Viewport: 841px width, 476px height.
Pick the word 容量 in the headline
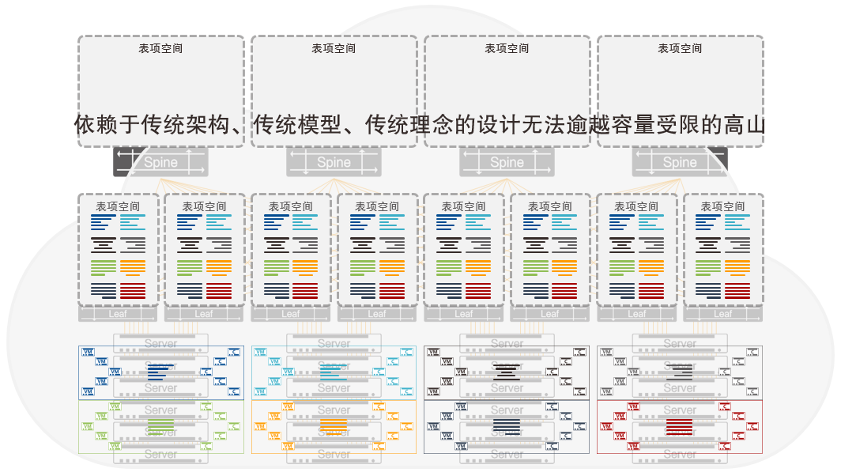(633, 125)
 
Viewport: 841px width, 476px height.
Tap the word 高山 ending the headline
(744, 125)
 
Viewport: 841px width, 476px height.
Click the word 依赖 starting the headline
(96, 125)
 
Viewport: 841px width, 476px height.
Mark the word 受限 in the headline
(677, 125)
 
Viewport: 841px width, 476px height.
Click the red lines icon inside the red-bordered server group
(680, 428)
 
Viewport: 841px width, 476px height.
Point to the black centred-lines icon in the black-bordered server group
(507, 372)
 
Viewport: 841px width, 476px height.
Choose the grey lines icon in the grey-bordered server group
(680, 372)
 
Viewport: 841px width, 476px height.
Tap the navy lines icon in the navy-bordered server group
(507, 428)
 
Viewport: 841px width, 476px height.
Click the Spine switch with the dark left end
(160, 162)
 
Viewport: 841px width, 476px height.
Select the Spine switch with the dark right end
(680, 162)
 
